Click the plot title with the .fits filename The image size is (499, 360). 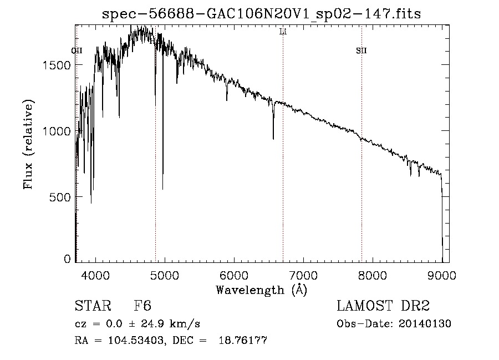point(262,14)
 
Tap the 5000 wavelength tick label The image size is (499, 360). point(165,275)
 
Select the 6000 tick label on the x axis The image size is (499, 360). point(234,275)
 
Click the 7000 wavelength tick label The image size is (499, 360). point(303,275)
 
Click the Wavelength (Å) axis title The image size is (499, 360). point(261,290)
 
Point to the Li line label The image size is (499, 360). point(283,32)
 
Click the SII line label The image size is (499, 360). point(361,51)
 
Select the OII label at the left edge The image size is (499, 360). point(77,51)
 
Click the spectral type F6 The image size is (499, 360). point(142,306)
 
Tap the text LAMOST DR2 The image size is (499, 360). point(383,306)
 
